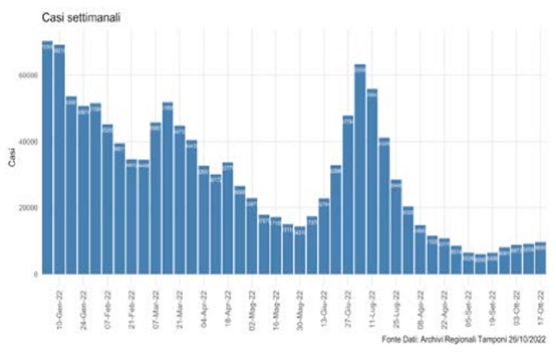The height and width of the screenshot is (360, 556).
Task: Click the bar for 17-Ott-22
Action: click(540, 259)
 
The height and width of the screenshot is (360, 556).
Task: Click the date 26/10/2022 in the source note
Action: click(522, 338)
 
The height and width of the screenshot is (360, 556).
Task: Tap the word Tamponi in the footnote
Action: click(479, 338)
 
